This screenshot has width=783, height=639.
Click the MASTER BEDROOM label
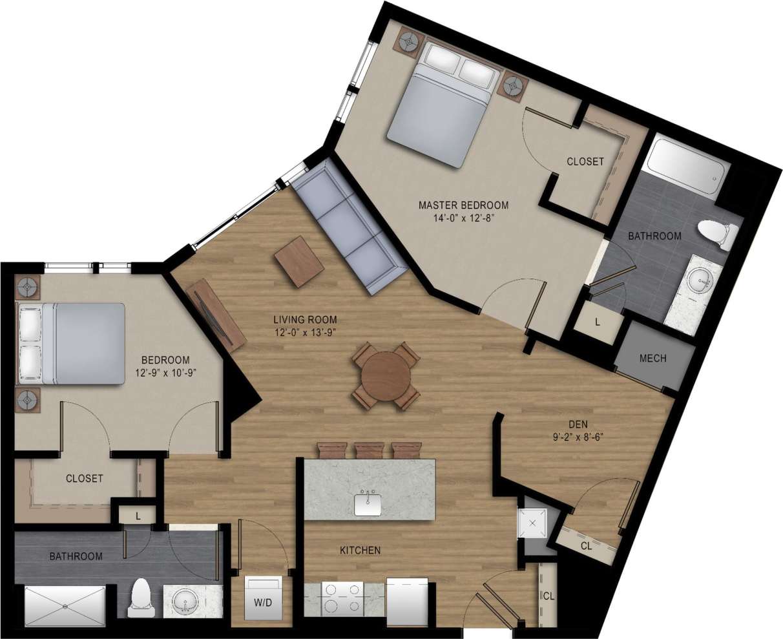tap(463, 205)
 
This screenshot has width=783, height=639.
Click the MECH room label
tap(652, 358)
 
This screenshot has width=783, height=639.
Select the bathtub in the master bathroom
tap(689, 166)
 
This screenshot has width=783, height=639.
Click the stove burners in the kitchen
tap(343, 598)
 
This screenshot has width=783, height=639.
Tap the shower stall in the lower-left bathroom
tap(64, 605)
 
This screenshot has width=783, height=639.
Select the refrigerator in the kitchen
tap(407, 602)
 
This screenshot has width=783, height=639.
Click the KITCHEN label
tap(360, 550)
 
